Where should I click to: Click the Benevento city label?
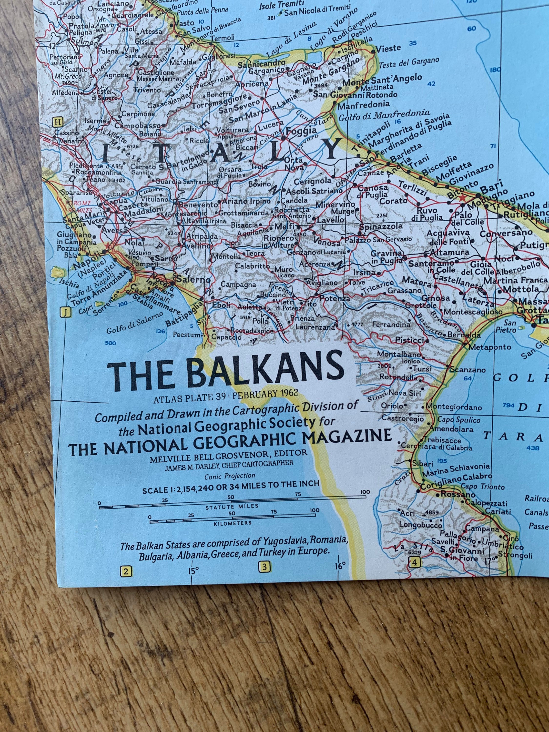tap(197, 205)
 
